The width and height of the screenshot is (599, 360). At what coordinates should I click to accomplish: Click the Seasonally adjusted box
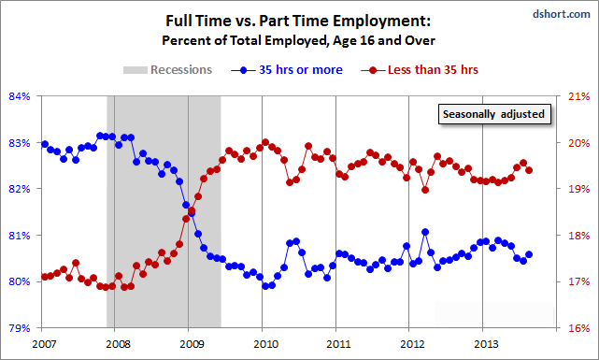492,115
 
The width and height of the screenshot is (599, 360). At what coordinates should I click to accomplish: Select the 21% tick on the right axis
578,96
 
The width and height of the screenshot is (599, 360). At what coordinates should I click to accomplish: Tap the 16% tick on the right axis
578,328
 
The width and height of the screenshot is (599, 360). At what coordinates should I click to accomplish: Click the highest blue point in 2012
425,231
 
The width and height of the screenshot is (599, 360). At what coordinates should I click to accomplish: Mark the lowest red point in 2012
425,190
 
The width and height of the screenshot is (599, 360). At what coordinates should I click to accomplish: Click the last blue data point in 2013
530,254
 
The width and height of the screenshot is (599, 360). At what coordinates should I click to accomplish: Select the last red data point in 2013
530,170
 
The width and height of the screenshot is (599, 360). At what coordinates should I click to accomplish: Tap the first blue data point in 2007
45,144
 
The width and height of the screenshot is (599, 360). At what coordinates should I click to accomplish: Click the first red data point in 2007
45,277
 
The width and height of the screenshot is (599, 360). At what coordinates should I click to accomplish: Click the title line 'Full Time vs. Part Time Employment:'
299,20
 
